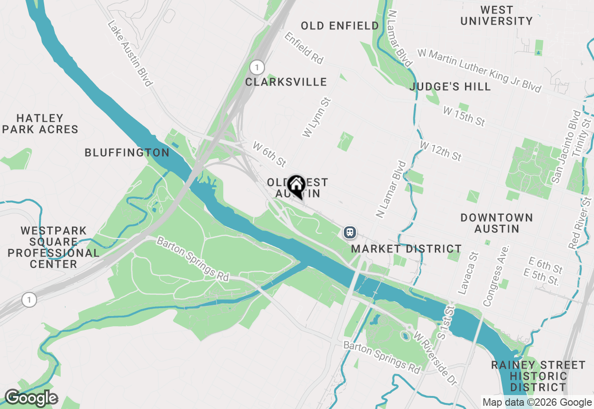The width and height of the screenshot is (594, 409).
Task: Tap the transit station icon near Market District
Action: point(350,232)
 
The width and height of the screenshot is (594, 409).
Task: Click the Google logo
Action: point(31,398)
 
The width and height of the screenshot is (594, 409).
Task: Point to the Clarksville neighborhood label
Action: point(286,82)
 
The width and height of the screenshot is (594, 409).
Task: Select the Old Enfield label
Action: point(340,26)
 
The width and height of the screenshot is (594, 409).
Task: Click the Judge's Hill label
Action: point(450,87)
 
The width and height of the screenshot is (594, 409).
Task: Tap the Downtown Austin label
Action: point(497,223)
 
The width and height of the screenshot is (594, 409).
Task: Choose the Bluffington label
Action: point(127,152)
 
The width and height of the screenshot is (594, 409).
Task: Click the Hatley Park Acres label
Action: point(40,124)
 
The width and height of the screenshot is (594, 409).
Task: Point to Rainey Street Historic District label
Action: point(538,376)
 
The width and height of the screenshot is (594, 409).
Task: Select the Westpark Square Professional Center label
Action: point(53,247)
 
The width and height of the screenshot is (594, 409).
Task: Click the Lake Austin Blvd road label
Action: point(130,53)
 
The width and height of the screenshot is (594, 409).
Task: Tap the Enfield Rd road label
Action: point(304,48)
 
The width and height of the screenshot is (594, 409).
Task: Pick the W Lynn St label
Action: point(316,117)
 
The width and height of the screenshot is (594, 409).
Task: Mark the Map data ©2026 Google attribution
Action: point(537,402)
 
